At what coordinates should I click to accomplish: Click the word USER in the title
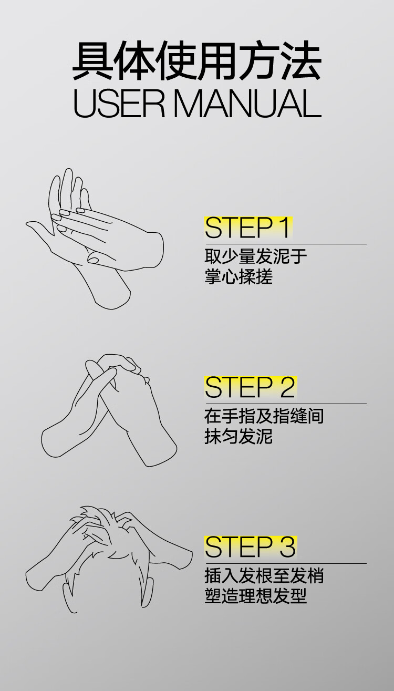point(119,104)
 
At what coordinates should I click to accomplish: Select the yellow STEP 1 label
point(248,228)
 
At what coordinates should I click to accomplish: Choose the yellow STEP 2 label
point(251,387)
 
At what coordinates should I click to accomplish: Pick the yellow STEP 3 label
point(251,547)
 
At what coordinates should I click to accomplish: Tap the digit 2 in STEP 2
point(287,387)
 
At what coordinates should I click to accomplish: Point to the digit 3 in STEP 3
point(287,547)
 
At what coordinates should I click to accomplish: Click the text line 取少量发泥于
point(256,256)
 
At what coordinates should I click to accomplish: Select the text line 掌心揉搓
point(239,276)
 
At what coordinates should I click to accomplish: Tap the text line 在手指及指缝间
point(264,416)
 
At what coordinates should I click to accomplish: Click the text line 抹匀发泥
point(239,436)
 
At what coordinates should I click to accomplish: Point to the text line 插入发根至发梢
point(264,575)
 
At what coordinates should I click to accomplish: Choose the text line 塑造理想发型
point(256,596)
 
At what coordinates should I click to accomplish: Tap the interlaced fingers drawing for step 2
point(109,410)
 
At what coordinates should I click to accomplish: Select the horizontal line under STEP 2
point(285,404)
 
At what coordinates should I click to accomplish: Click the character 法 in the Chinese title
point(302,61)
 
